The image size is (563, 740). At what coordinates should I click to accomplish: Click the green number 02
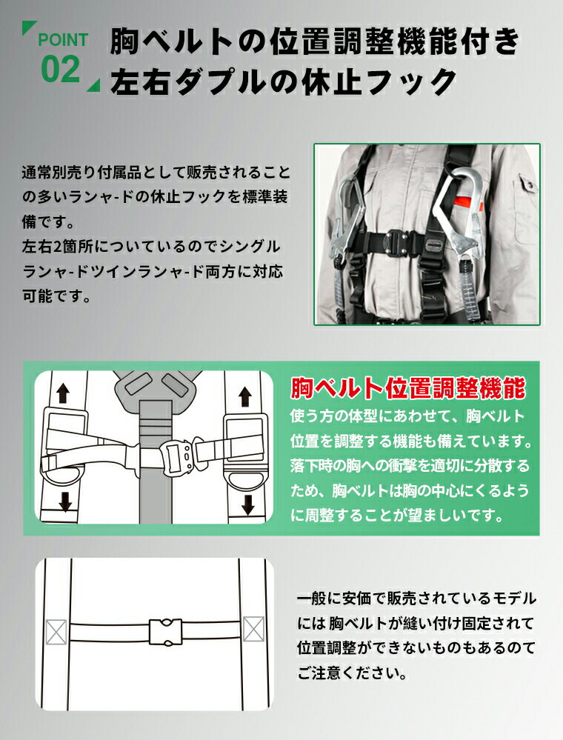tap(61, 70)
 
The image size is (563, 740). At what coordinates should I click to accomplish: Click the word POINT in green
tap(63, 40)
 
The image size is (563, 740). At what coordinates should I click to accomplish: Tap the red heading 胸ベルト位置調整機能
tap(407, 388)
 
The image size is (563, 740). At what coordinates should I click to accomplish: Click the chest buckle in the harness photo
tap(396, 242)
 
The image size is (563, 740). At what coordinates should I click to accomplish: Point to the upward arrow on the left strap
tap(63, 393)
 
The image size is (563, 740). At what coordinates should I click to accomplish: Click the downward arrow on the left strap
tap(65, 502)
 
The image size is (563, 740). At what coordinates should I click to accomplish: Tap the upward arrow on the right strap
tap(244, 396)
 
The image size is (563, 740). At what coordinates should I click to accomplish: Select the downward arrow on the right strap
tap(247, 504)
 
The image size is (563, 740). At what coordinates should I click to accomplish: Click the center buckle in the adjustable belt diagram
tap(176, 457)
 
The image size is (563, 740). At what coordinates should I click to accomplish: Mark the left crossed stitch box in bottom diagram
tap(56, 632)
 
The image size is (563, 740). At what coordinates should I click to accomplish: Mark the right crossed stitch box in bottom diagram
tap(253, 629)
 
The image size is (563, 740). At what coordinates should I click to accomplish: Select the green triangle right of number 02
tap(95, 86)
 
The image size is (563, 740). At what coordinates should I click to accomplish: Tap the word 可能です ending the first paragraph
tap(56, 296)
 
